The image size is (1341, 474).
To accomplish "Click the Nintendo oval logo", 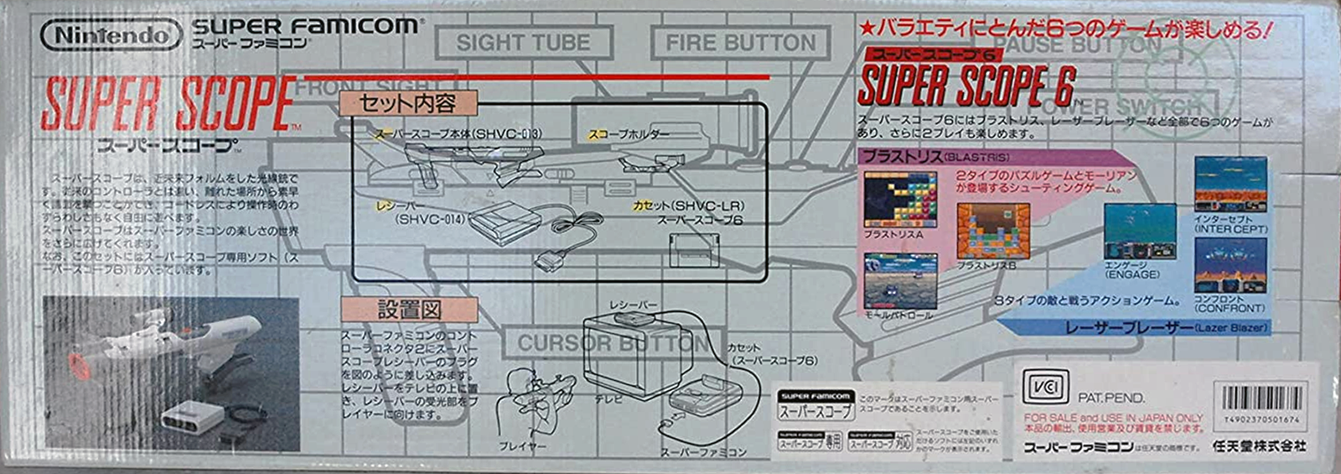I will (x=111, y=35).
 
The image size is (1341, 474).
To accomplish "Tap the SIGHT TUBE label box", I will (x=523, y=43).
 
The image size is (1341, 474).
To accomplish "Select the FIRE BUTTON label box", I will (x=740, y=43).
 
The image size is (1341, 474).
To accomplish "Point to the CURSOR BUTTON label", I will (x=613, y=343).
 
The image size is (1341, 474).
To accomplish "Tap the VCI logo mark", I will (x=1045, y=388).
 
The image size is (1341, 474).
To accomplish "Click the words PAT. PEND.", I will (x=1111, y=398).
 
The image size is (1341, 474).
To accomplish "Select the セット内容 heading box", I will (x=407, y=103).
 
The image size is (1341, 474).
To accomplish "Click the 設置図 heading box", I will (x=409, y=310).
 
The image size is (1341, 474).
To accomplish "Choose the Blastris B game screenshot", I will (x=993, y=231).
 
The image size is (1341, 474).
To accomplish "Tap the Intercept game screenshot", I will (x=1230, y=184).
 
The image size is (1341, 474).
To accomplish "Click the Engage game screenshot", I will (x=1139, y=232).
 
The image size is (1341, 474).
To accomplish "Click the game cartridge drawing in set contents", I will (x=694, y=249).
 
